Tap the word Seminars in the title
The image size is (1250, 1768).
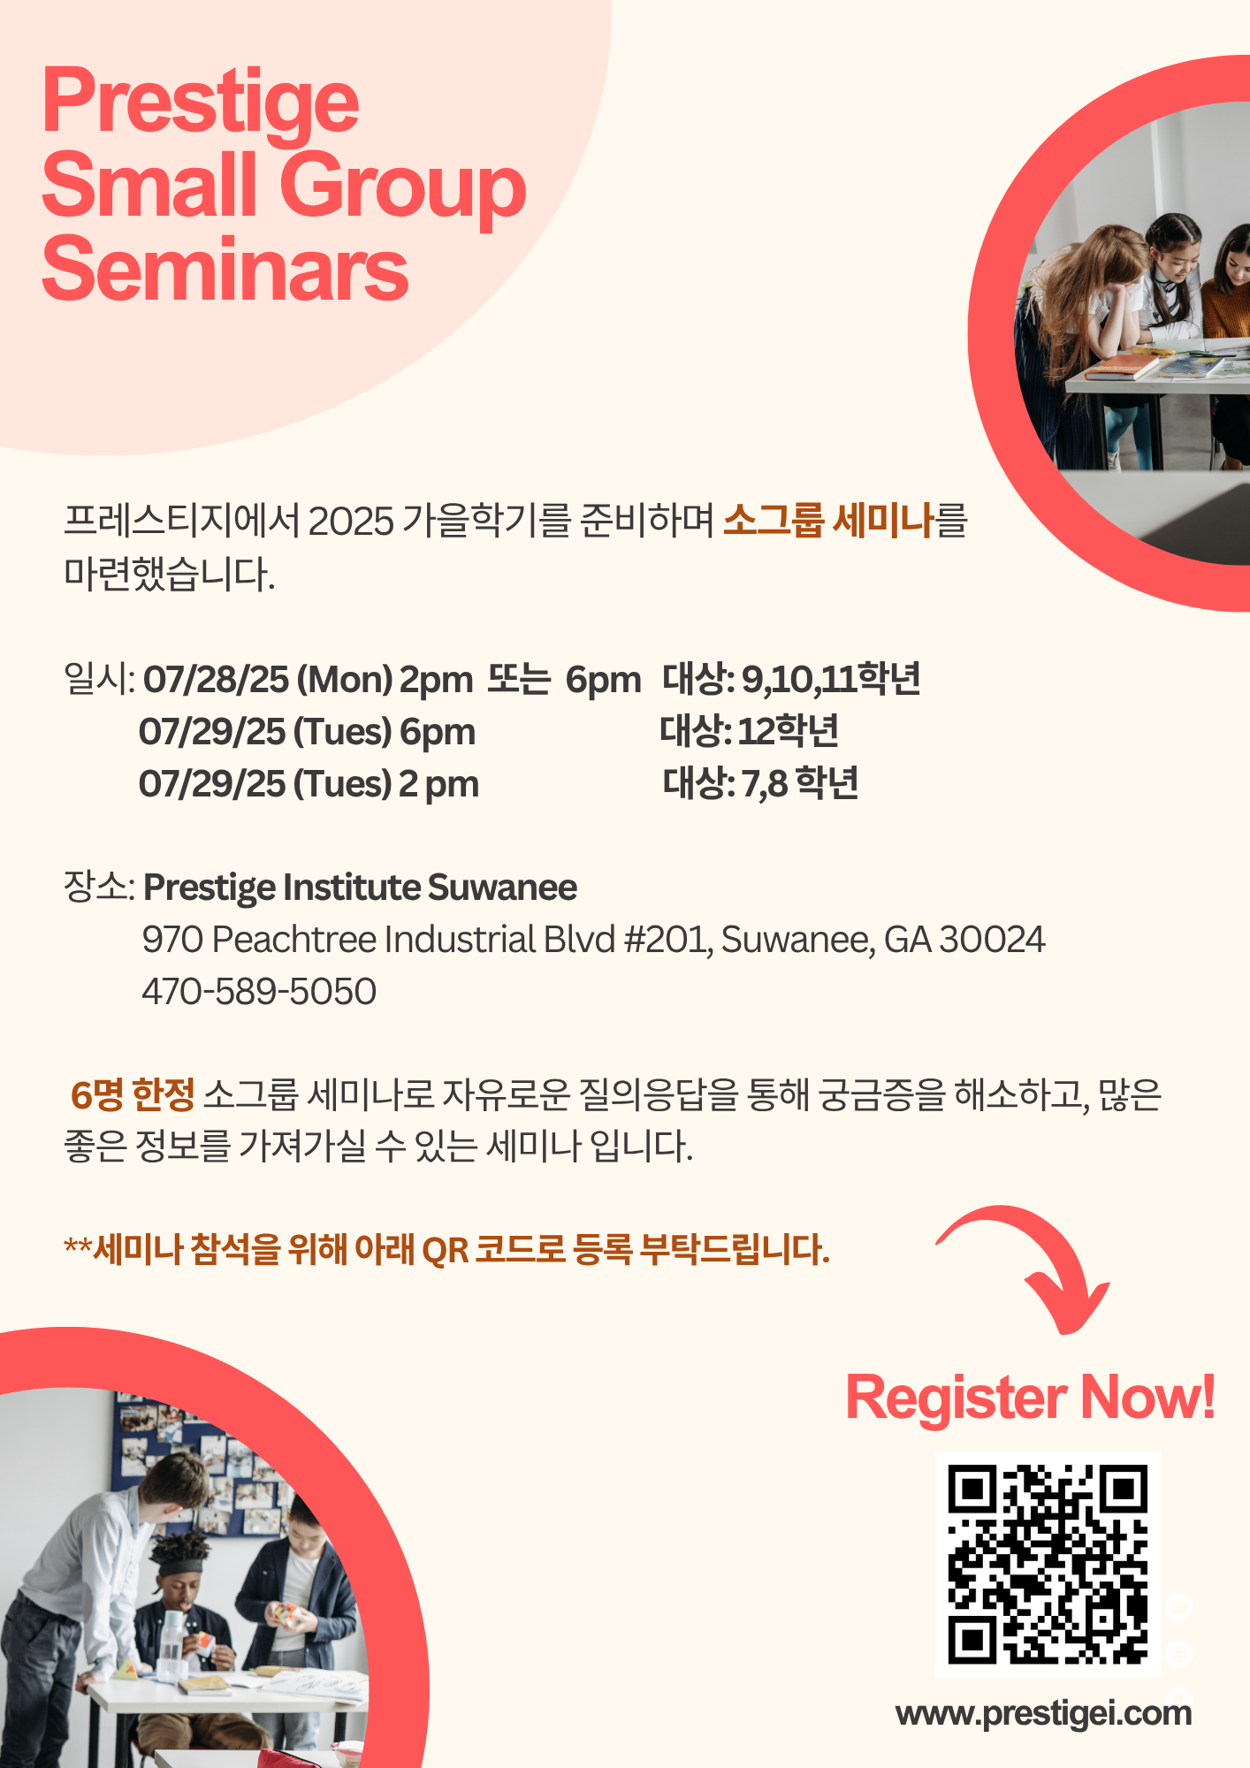(x=225, y=269)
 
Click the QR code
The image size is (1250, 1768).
(x=1048, y=1564)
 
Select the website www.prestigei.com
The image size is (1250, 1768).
(x=1043, y=1713)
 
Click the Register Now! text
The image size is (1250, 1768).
(x=1031, y=1398)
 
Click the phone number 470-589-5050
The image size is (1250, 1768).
(x=259, y=991)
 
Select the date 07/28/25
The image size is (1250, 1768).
(x=216, y=679)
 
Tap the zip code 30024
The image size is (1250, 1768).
(x=992, y=939)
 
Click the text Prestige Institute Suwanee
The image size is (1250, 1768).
(x=360, y=888)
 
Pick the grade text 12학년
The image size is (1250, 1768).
(x=789, y=730)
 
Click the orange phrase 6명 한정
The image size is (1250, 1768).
(x=133, y=1095)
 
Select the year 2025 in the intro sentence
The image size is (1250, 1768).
(x=351, y=521)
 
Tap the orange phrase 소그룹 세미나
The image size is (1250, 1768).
(x=828, y=520)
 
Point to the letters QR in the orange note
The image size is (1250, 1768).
(x=446, y=1250)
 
